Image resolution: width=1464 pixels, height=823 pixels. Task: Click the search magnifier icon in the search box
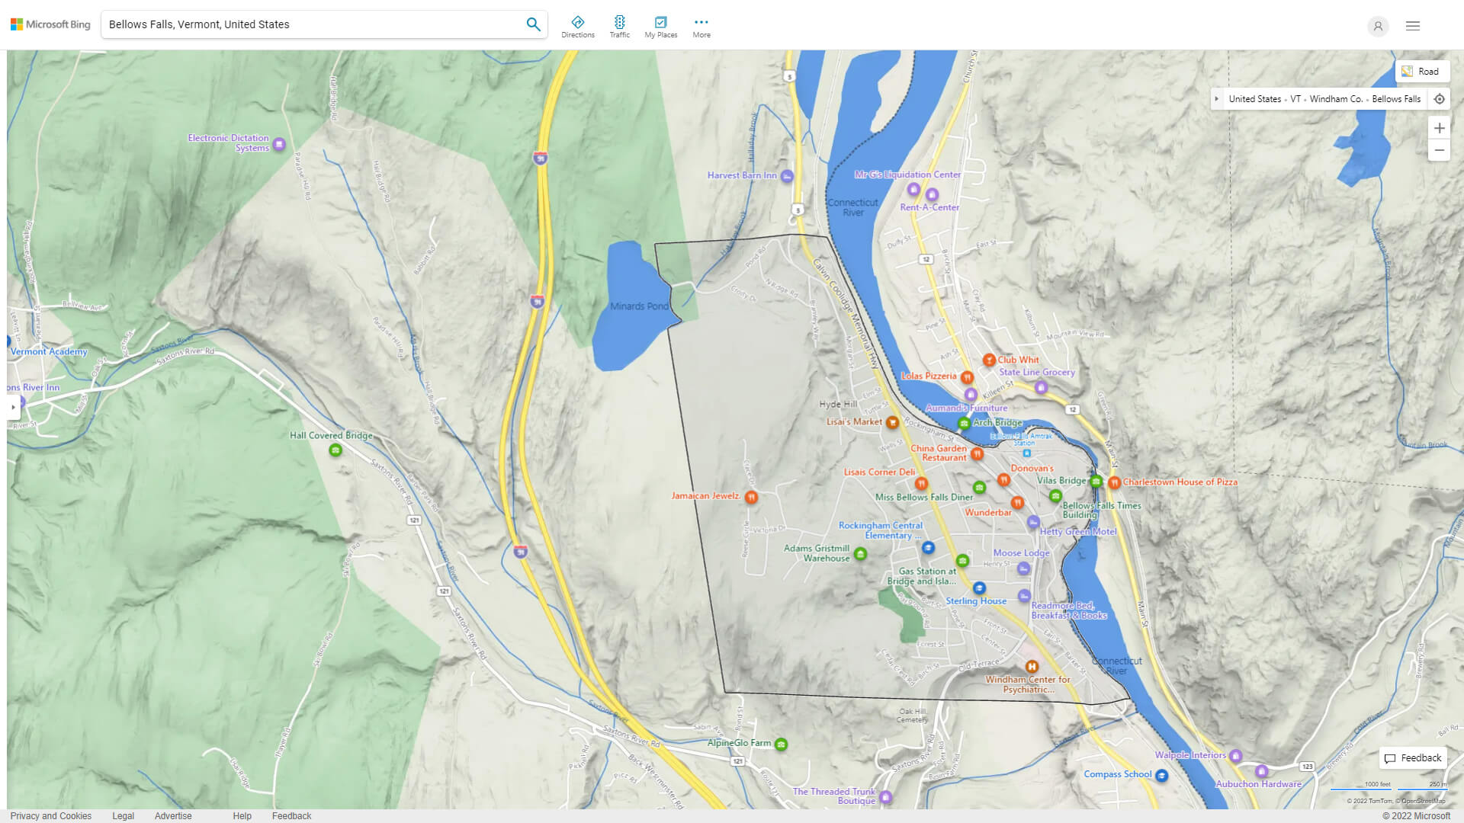pyautogui.click(x=533, y=24)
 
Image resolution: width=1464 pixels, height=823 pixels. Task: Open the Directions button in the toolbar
pyautogui.click(x=578, y=27)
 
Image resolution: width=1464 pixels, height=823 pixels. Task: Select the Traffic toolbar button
pyautogui.click(x=619, y=27)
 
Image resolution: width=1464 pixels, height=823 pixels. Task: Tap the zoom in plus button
pyautogui.click(x=1439, y=128)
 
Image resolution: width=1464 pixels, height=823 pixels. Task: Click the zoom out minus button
pyautogui.click(x=1439, y=150)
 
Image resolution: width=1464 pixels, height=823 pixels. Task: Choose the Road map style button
pyautogui.click(x=1421, y=72)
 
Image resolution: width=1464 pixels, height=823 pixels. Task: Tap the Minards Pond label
pyautogui.click(x=639, y=306)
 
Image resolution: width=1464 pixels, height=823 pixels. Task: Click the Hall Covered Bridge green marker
pyautogui.click(x=335, y=450)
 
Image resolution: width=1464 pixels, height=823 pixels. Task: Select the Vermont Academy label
pyautogui.click(x=49, y=352)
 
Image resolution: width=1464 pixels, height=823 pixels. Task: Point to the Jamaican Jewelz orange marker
pyautogui.click(x=751, y=497)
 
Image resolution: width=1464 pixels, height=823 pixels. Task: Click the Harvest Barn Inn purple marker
pyautogui.click(x=787, y=176)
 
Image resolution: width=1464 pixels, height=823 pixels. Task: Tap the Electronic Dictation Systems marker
pyautogui.click(x=279, y=144)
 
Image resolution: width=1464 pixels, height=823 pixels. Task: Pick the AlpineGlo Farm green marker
pyautogui.click(x=781, y=744)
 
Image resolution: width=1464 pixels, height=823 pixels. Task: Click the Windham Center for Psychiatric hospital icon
pyautogui.click(x=1032, y=667)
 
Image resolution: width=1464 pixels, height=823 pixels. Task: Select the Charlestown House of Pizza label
pyautogui.click(x=1180, y=482)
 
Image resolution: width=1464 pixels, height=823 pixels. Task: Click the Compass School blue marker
pyautogui.click(x=1161, y=775)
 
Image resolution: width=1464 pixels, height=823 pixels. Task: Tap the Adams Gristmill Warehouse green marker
pyautogui.click(x=860, y=554)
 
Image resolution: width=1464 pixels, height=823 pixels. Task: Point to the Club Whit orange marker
pyautogui.click(x=989, y=360)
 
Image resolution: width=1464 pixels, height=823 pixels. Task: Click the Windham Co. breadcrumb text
pyautogui.click(x=1336, y=99)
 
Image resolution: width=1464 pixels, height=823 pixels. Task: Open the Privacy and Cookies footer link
pyautogui.click(x=51, y=815)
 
